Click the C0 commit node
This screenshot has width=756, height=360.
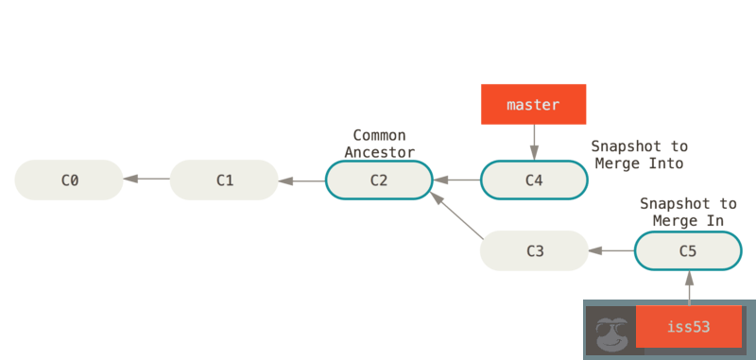click(x=69, y=180)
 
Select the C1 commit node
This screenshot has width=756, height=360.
click(x=224, y=180)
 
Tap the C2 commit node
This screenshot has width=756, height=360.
click(x=379, y=180)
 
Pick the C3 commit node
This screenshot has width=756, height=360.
click(x=534, y=250)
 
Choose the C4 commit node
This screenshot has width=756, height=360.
click(x=534, y=180)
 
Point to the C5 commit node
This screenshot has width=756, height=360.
click(x=688, y=250)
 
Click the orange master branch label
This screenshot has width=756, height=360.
click(x=534, y=104)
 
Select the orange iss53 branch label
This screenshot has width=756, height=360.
click(x=688, y=327)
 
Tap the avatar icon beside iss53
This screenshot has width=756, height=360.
click(x=610, y=329)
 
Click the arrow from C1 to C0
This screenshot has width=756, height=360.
click(x=146, y=180)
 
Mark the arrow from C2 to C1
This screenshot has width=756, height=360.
click(x=301, y=180)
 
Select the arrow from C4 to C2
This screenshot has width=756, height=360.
click(x=456, y=180)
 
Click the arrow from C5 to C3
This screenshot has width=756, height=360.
click(x=610, y=250)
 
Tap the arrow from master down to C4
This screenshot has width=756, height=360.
click(x=534, y=143)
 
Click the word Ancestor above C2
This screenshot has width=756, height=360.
click(x=379, y=151)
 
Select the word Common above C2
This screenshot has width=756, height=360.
click(x=379, y=136)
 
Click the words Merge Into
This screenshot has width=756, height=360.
click(x=639, y=163)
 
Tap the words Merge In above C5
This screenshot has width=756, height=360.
click(x=688, y=220)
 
